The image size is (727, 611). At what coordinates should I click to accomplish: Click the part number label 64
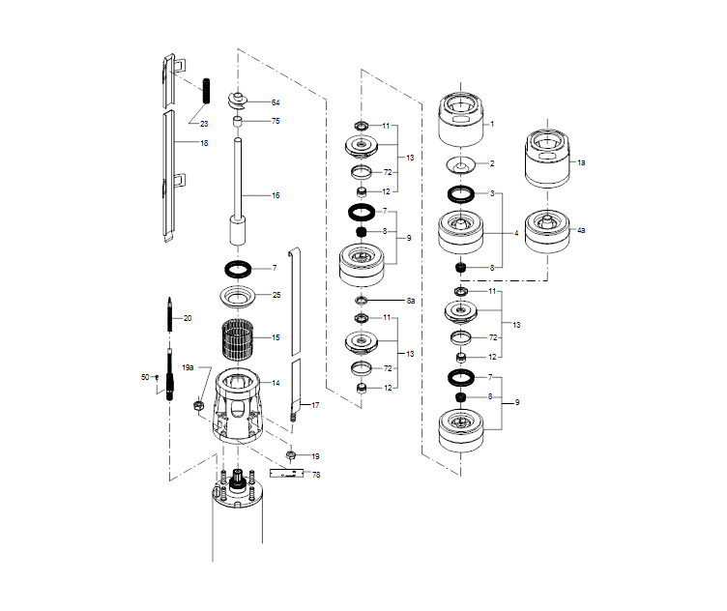click(276, 102)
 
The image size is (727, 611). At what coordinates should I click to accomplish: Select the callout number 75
click(276, 121)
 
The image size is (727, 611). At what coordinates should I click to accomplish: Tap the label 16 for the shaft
click(276, 195)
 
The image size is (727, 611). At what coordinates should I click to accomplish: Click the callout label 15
click(276, 337)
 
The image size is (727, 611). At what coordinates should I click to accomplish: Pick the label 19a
click(189, 368)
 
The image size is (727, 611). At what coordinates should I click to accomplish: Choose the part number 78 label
click(315, 475)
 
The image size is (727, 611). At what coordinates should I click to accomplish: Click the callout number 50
click(145, 376)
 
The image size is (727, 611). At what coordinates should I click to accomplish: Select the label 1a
click(581, 163)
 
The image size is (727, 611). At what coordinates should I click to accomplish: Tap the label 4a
click(581, 231)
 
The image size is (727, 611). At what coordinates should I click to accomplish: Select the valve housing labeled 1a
click(548, 158)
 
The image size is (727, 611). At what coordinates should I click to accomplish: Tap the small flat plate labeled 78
click(287, 474)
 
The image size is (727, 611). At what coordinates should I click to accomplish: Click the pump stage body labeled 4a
click(547, 232)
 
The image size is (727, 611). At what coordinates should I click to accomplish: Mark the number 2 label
click(491, 163)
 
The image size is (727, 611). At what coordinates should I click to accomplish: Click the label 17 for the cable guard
click(315, 405)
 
